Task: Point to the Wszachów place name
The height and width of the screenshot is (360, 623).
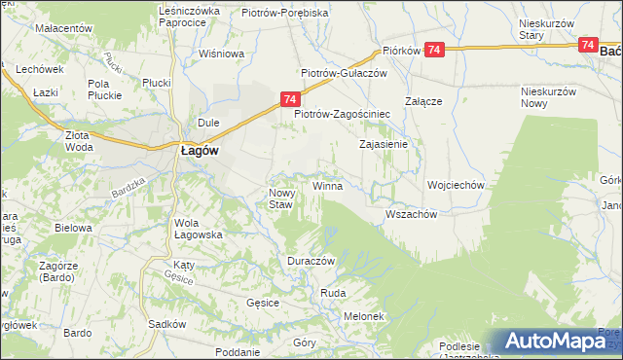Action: click(x=409, y=215)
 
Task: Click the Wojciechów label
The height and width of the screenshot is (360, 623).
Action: click(x=456, y=185)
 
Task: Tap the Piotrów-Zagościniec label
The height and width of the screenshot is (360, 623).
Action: click(x=343, y=113)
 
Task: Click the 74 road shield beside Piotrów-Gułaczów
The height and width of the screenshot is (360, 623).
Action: click(x=290, y=98)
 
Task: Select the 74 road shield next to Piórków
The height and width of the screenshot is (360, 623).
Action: click(x=434, y=50)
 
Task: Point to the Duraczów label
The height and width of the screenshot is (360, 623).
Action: click(x=311, y=263)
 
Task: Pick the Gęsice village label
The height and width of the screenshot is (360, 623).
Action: click(x=264, y=303)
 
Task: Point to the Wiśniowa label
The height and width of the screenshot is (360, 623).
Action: click(x=220, y=54)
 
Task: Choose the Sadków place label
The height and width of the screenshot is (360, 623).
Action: click(x=166, y=324)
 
